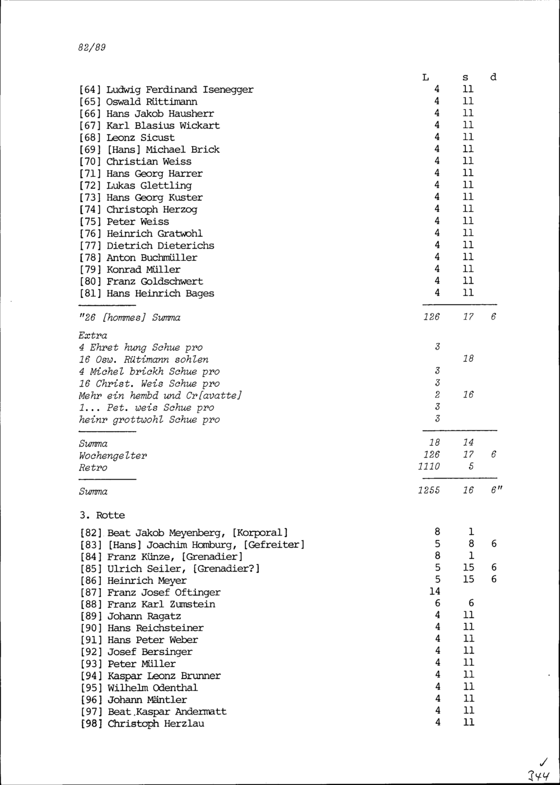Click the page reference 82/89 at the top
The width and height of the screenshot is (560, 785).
pos(92,48)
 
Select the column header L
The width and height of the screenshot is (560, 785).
pos(426,77)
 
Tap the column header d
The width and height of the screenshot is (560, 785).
pos(493,77)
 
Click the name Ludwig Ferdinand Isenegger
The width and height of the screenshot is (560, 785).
pos(180,90)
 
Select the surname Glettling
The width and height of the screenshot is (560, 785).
pos(166,185)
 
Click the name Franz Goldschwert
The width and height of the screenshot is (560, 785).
pos(155,281)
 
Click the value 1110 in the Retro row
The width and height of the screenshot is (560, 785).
pos(429,467)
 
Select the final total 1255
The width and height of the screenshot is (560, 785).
pos(428,490)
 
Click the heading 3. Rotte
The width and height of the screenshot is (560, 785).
pos(102,515)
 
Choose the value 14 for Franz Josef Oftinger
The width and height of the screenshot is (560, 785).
pos(435,591)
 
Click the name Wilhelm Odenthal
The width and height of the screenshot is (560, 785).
pos(152,688)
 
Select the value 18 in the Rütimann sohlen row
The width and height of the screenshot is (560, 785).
pos(468,359)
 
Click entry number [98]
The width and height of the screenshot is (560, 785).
pos(91,723)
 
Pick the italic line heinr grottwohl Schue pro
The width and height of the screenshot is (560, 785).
pos(149,419)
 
